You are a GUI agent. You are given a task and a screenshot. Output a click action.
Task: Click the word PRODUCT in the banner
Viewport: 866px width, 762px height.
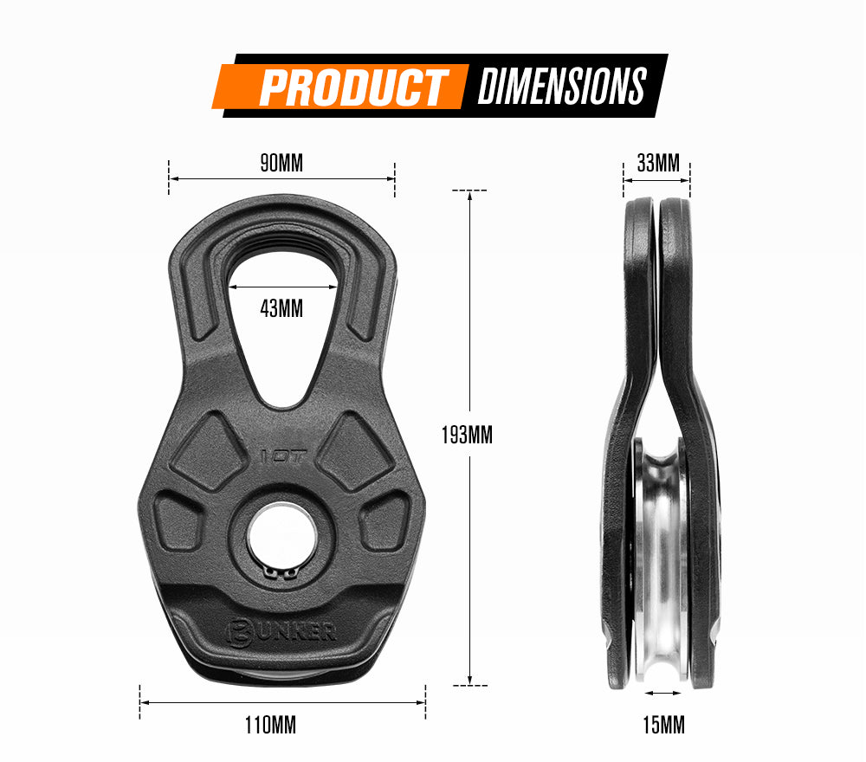point(352,87)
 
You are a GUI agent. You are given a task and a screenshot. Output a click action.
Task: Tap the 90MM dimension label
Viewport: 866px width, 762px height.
point(281,163)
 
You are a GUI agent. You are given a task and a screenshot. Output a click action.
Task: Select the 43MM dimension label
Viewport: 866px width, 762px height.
point(281,307)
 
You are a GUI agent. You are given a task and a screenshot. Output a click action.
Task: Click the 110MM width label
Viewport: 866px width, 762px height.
point(270,725)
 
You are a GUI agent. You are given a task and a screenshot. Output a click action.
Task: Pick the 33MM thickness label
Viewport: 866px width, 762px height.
point(657,163)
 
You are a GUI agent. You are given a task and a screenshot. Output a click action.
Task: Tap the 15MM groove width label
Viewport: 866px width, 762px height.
point(663,725)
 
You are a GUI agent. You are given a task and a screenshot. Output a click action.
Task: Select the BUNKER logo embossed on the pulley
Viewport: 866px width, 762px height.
point(282,630)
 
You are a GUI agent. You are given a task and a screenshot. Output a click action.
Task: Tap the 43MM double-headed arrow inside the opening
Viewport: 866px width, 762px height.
point(282,287)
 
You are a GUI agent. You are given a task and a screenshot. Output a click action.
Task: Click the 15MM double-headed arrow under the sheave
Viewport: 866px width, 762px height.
point(663,693)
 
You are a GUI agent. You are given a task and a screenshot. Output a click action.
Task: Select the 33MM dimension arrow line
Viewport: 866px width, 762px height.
point(657,180)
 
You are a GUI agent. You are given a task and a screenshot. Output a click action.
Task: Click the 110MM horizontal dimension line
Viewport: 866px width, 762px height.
point(282,702)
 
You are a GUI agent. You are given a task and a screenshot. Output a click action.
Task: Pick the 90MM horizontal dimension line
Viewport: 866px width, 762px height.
point(281,179)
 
